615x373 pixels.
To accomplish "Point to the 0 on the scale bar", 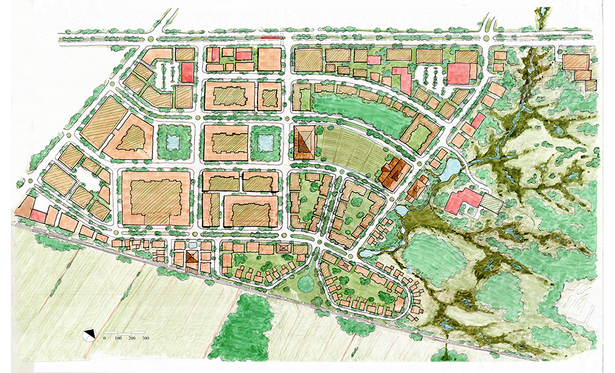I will tap(104, 338).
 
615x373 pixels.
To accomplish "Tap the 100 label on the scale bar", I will tap(118, 338).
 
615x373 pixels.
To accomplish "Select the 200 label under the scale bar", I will tap(132, 338).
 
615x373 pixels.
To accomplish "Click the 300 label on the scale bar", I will tap(146, 338).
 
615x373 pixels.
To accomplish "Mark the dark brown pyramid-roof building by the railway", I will tap(192, 257).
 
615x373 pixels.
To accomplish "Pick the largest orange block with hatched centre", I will tap(156, 197).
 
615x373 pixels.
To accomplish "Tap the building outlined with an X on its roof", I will tap(284, 248).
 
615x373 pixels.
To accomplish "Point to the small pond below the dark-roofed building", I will tap(403, 210).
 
